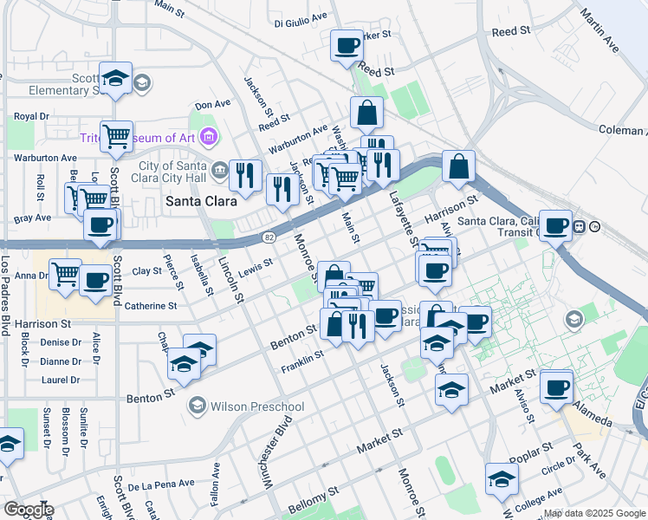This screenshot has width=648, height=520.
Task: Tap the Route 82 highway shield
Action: point(269,237)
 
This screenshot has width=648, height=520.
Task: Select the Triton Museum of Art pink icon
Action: point(208,136)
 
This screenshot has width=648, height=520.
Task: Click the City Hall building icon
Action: point(217,168)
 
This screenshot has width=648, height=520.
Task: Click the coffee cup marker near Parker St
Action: point(347,45)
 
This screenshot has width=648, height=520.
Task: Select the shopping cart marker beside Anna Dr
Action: point(65,275)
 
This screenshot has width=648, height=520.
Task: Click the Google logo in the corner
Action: point(28,510)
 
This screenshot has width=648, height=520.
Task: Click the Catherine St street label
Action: point(151,306)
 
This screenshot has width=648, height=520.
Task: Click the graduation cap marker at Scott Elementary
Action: point(115,78)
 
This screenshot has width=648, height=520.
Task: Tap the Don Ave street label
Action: point(212,104)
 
